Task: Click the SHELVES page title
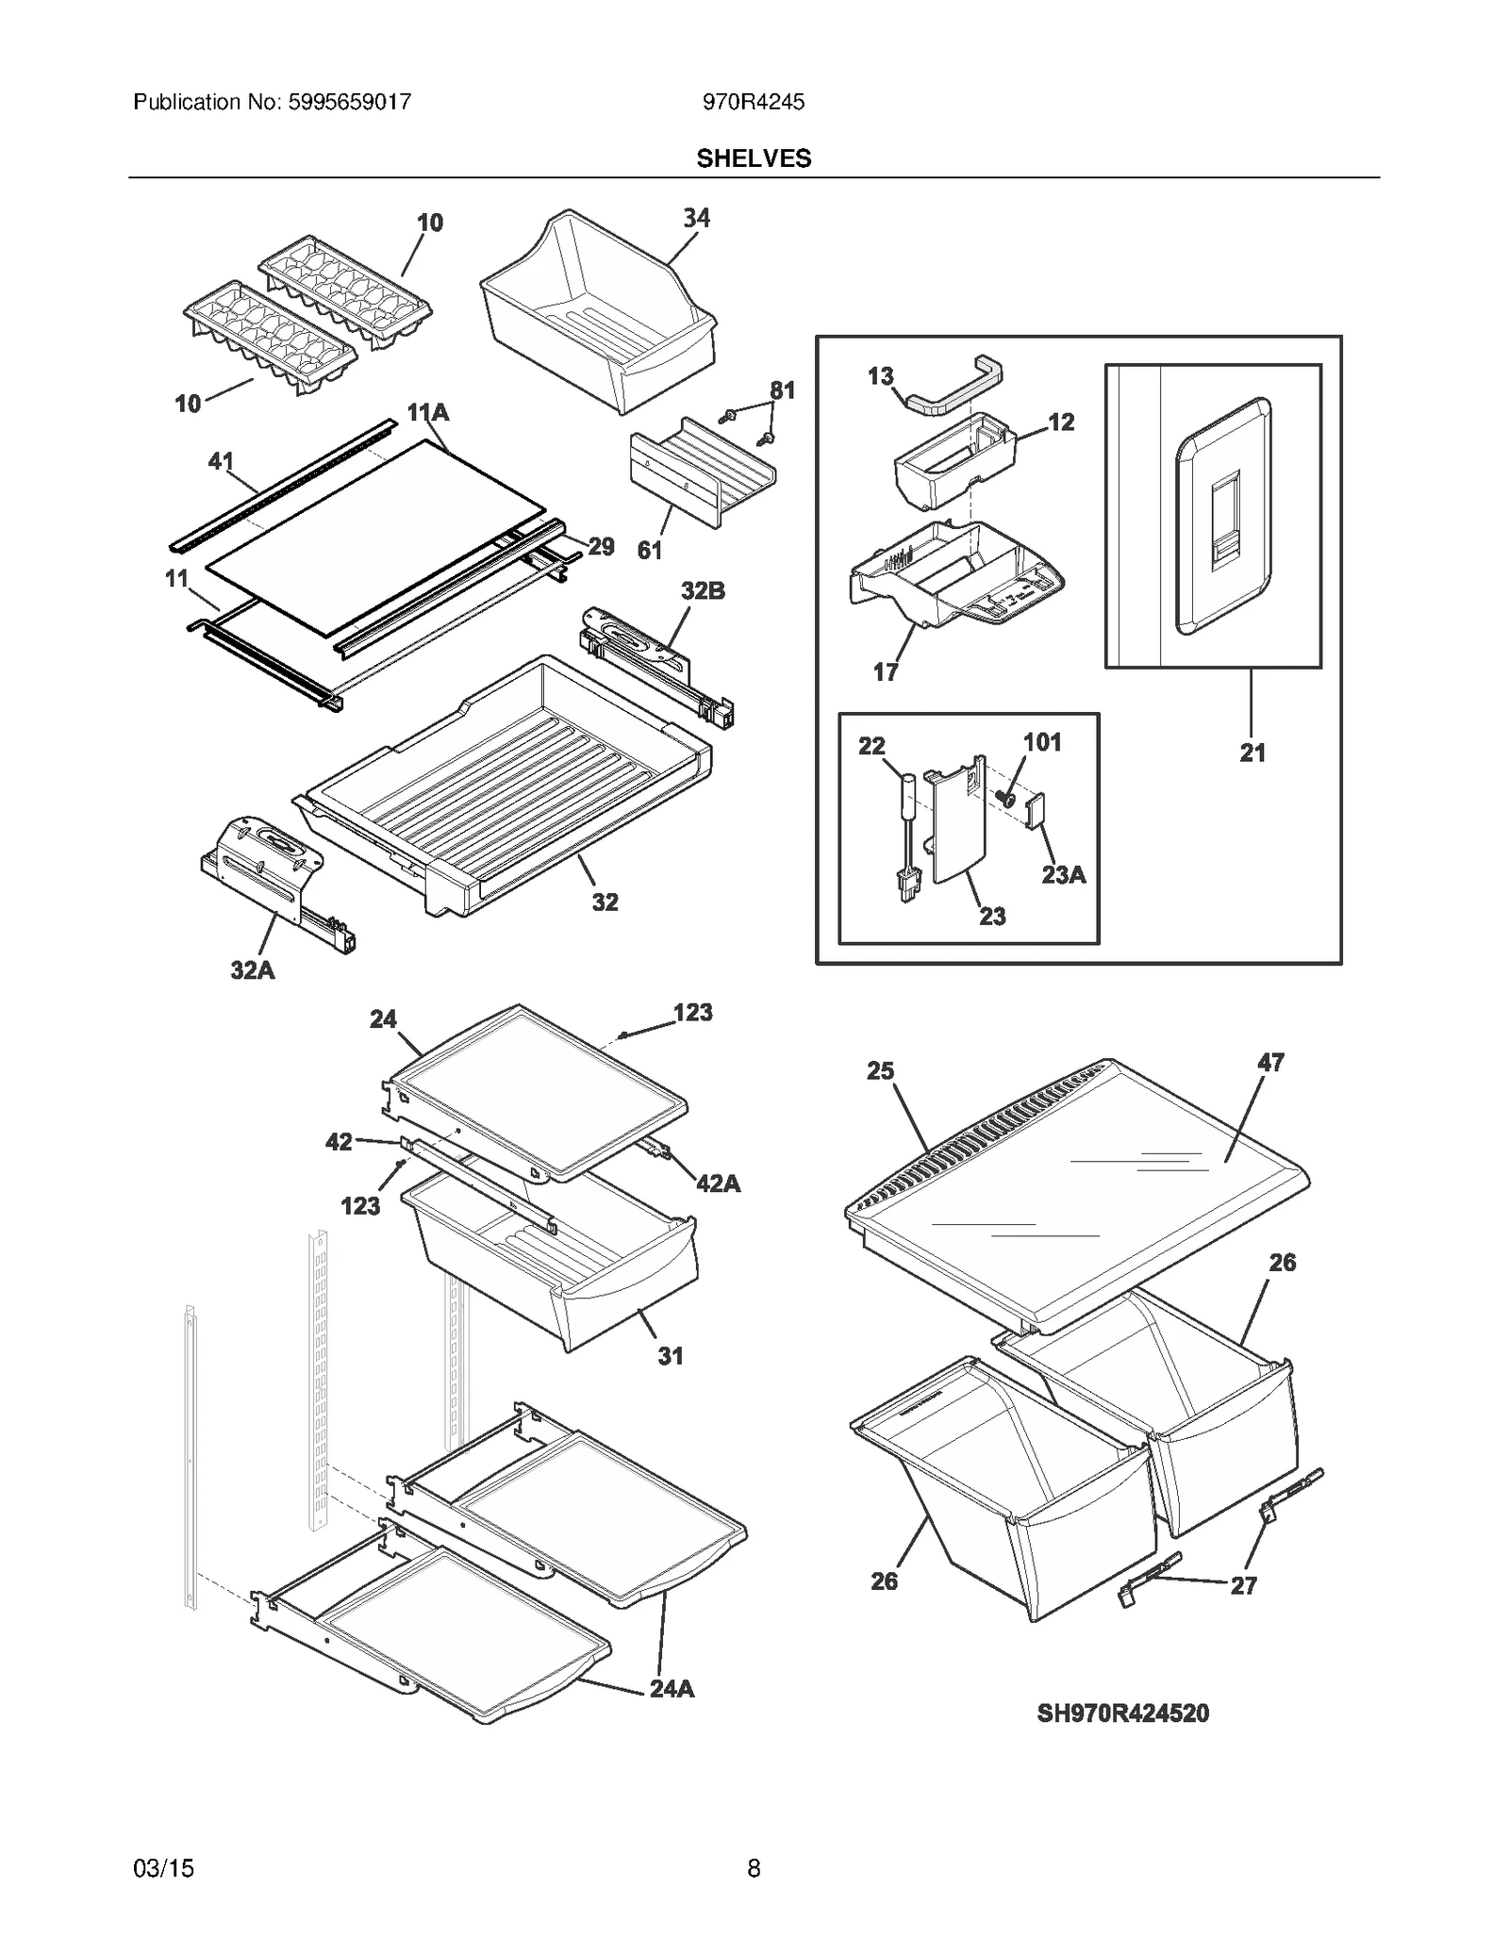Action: (x=754, y=158)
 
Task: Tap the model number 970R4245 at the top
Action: (x=754, y=102)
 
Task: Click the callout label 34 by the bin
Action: (x=696, y=218)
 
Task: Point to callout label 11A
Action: (x=428, y=412)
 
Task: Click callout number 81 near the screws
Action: (x=782, y=389)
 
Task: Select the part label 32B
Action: (x=703, y=591)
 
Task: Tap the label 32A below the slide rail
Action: (x=253, y=969)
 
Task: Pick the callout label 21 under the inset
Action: (x=1252, y=753)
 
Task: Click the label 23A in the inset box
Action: (x=1063, y=875)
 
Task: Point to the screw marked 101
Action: (x=1005, y=799)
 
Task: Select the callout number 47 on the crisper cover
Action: (x=1270, y=1062)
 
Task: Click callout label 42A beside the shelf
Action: (x=718, y=1183)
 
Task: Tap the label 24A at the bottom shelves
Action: (x=672, y=1689)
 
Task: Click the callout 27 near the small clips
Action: (x=1243, y=1585)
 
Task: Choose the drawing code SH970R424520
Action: (x=1122, y=1713)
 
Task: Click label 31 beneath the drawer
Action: (x=670, y=1356)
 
